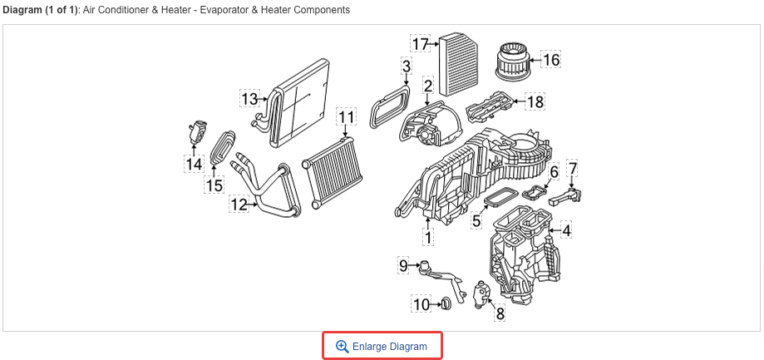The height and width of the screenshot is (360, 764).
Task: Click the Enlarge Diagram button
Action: point(382,346)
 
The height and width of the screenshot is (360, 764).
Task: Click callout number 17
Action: point(421,43)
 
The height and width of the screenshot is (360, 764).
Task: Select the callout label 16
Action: point(551,59)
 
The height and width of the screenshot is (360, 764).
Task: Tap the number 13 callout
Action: point(250,99)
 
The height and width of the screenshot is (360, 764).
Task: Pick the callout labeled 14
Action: point(194,165)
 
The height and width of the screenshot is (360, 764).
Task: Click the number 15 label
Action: point(214,185)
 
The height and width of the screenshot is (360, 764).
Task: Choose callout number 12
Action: point(239,204)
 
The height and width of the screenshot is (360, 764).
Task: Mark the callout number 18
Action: point(535,102)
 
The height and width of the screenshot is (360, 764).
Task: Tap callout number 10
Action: point(422,304)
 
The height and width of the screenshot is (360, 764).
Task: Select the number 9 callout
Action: point(404,265)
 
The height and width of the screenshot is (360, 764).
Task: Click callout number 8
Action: point(500,313)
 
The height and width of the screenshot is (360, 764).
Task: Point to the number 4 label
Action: point(565,230)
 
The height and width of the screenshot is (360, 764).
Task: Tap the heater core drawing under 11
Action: point(333,173)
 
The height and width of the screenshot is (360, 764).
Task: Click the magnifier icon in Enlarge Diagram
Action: point(341,346)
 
